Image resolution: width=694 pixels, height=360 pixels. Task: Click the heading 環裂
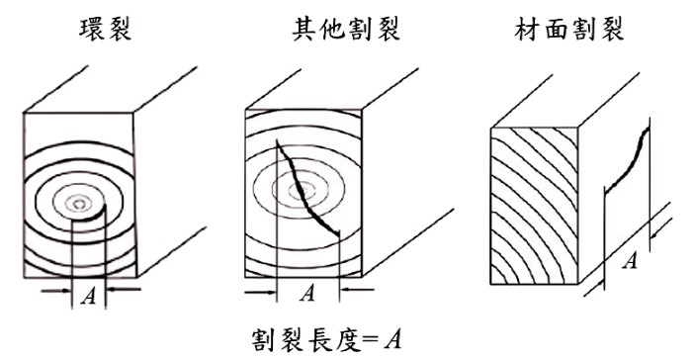(106, 30)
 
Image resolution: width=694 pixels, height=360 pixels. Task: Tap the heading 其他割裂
(346, 30)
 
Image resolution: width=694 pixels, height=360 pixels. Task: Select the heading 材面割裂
(569, 30)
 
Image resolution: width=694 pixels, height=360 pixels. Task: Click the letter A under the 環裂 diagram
(89, 296)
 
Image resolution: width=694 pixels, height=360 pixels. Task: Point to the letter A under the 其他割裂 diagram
(307, 293)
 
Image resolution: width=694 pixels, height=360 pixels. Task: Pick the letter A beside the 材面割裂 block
(630, 260)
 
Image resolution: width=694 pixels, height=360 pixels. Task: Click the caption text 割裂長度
(305, 340)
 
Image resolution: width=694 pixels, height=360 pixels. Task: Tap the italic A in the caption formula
(392, 340)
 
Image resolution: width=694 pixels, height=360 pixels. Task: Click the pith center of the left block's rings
(79, 204)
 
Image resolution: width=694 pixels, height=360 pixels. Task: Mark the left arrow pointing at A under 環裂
(56, 291)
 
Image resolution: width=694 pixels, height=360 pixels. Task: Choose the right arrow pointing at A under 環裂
(124, 290)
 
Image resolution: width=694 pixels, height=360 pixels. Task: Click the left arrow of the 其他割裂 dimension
(261, 292)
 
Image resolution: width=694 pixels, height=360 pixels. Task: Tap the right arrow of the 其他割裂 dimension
(357, 290)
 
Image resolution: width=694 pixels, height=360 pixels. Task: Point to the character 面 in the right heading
(555, 30)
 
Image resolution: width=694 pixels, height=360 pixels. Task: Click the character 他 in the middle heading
(332, 30)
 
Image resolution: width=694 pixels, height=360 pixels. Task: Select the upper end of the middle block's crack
(277, 141)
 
